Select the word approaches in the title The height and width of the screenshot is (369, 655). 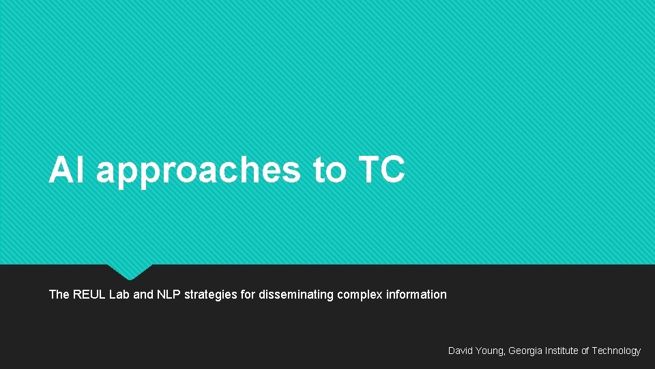tap(198, 171)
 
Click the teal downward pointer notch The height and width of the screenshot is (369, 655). tap(130, 271)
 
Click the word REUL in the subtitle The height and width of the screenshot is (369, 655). tap(89, 295)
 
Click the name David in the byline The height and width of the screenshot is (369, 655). tap(461, 351)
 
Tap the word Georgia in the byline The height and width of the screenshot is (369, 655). tap(525, 351)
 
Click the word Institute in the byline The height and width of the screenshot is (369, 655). tap(561, 351)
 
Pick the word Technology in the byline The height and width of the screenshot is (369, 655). tap(616, 351)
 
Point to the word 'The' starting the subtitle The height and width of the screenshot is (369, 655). tap(59, 295)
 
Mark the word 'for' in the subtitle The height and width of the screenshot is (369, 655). tap(243, 295)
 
